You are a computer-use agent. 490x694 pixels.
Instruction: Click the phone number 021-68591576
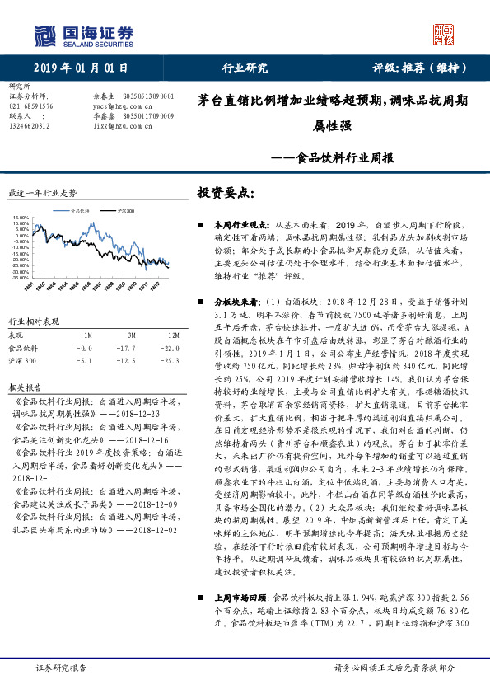tap(30, 106)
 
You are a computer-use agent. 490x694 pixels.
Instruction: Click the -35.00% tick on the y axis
tap(18, 278)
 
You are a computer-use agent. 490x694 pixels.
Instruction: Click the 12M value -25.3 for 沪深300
tap(171, 361)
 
